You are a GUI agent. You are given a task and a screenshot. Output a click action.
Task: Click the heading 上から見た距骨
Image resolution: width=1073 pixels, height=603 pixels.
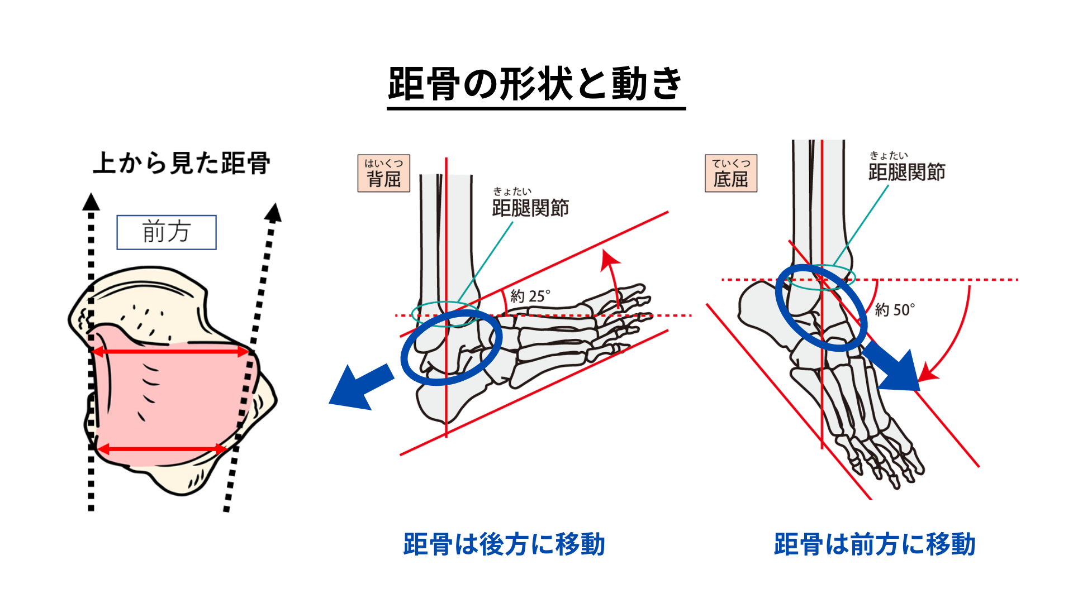pos(182,163)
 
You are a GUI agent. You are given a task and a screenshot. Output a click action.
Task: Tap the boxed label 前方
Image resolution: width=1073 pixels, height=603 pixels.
pos(167,232)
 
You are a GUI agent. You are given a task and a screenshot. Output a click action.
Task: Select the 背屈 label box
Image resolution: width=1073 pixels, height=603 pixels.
pos(384,174)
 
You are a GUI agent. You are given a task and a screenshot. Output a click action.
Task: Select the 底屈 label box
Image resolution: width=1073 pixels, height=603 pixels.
pos(731,174)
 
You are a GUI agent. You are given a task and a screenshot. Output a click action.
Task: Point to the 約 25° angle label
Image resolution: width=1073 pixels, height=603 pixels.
pos(530,296)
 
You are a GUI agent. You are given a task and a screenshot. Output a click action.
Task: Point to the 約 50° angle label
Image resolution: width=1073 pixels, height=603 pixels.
pos(895,309)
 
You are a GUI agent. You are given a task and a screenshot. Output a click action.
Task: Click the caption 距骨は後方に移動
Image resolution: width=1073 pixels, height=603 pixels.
pos(504,544)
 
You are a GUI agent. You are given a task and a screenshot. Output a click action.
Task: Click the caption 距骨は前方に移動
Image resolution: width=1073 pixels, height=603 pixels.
pos(875,544)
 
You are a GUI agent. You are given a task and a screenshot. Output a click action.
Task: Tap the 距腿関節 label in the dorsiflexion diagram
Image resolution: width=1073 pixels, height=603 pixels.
pos(530,208)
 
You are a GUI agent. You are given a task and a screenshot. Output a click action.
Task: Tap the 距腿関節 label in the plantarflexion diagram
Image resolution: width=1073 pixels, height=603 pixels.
pos(906,172)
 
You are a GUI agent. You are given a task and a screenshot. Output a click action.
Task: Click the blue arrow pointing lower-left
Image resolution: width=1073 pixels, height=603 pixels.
pos(358,387)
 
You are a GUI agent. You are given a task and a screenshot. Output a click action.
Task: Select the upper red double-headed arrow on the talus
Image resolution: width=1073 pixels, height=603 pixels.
pos(170,352)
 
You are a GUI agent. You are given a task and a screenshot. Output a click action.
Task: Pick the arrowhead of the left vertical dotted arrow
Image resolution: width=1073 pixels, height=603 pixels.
pos(91,202)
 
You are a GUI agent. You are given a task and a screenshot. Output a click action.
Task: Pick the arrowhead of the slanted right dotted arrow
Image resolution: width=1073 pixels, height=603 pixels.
pos(274,212)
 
